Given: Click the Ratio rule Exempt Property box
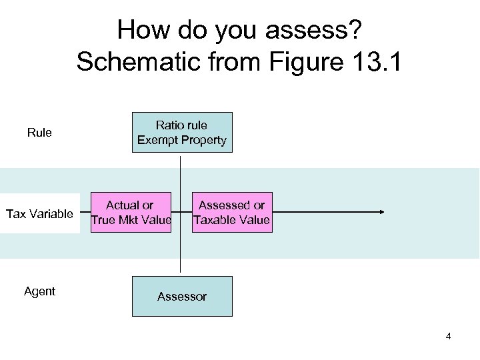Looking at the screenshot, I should tap(182, 133).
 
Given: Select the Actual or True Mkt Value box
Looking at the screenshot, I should tap(131, 213).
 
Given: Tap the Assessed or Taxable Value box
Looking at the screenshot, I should tap(231, 213).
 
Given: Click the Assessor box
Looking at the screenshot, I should tap(182, 296).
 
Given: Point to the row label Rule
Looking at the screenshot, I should tap(39, 133).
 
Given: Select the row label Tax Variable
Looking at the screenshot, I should tap(39, 214).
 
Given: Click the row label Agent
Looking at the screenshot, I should tap(39, 291).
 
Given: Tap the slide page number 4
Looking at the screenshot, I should tap(448, 336).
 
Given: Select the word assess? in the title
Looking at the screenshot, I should tap(318, 30).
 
